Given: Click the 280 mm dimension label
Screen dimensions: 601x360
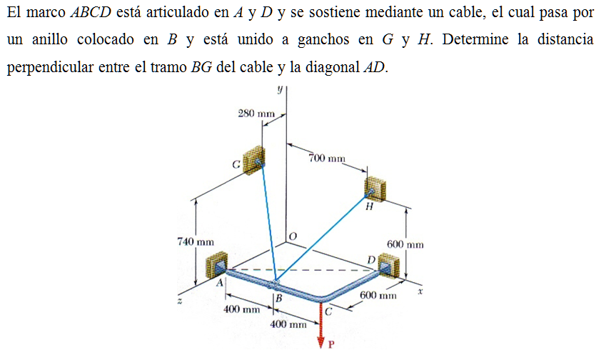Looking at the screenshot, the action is [256, 114].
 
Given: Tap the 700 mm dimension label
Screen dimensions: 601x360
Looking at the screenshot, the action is [327, 158].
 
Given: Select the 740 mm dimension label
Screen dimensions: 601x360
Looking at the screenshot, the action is [196, 242].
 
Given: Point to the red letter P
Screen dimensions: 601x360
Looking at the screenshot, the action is [331, 344].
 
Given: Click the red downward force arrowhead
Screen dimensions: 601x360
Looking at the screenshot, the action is [322, 342].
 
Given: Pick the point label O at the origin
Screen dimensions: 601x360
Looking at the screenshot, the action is [293, 236].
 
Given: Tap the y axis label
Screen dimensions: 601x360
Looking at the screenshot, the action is [281, 89].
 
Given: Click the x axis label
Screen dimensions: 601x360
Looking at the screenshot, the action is [420, 291].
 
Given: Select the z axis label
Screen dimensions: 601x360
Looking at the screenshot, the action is [179, 301].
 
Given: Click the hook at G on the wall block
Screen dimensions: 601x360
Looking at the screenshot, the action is [260, 163].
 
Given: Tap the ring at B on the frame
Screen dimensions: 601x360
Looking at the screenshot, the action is [274, 285].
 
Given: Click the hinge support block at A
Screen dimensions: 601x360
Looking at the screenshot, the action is [217, 264].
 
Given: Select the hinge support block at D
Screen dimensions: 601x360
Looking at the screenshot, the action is [388, 265].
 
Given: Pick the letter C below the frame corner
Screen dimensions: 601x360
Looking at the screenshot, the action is [328, 312].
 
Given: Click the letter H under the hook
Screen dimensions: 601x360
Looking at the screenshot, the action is [369, 207].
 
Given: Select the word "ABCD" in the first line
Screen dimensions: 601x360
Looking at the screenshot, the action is [91, 12].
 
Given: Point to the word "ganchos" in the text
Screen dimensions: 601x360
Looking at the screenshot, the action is [323, 40].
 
